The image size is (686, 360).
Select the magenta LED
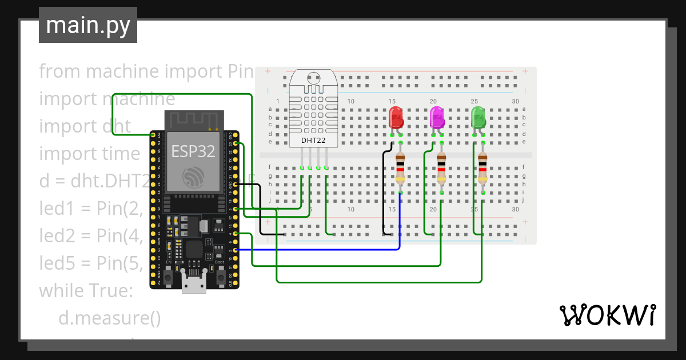tap(437, 118)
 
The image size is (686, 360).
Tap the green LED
tap(478, 118)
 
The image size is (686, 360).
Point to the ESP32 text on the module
tap(193, 151)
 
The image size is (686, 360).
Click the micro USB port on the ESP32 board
tap(194, 283)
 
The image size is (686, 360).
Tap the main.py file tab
tap(87, 25)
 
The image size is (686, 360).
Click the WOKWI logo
tap(607, 315)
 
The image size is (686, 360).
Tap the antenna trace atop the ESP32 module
tap(193, 119)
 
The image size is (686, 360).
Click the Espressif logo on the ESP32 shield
tap(193, 177)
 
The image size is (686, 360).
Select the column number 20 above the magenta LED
tap(433, 101)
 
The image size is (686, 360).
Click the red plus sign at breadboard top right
tap(525, 72)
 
